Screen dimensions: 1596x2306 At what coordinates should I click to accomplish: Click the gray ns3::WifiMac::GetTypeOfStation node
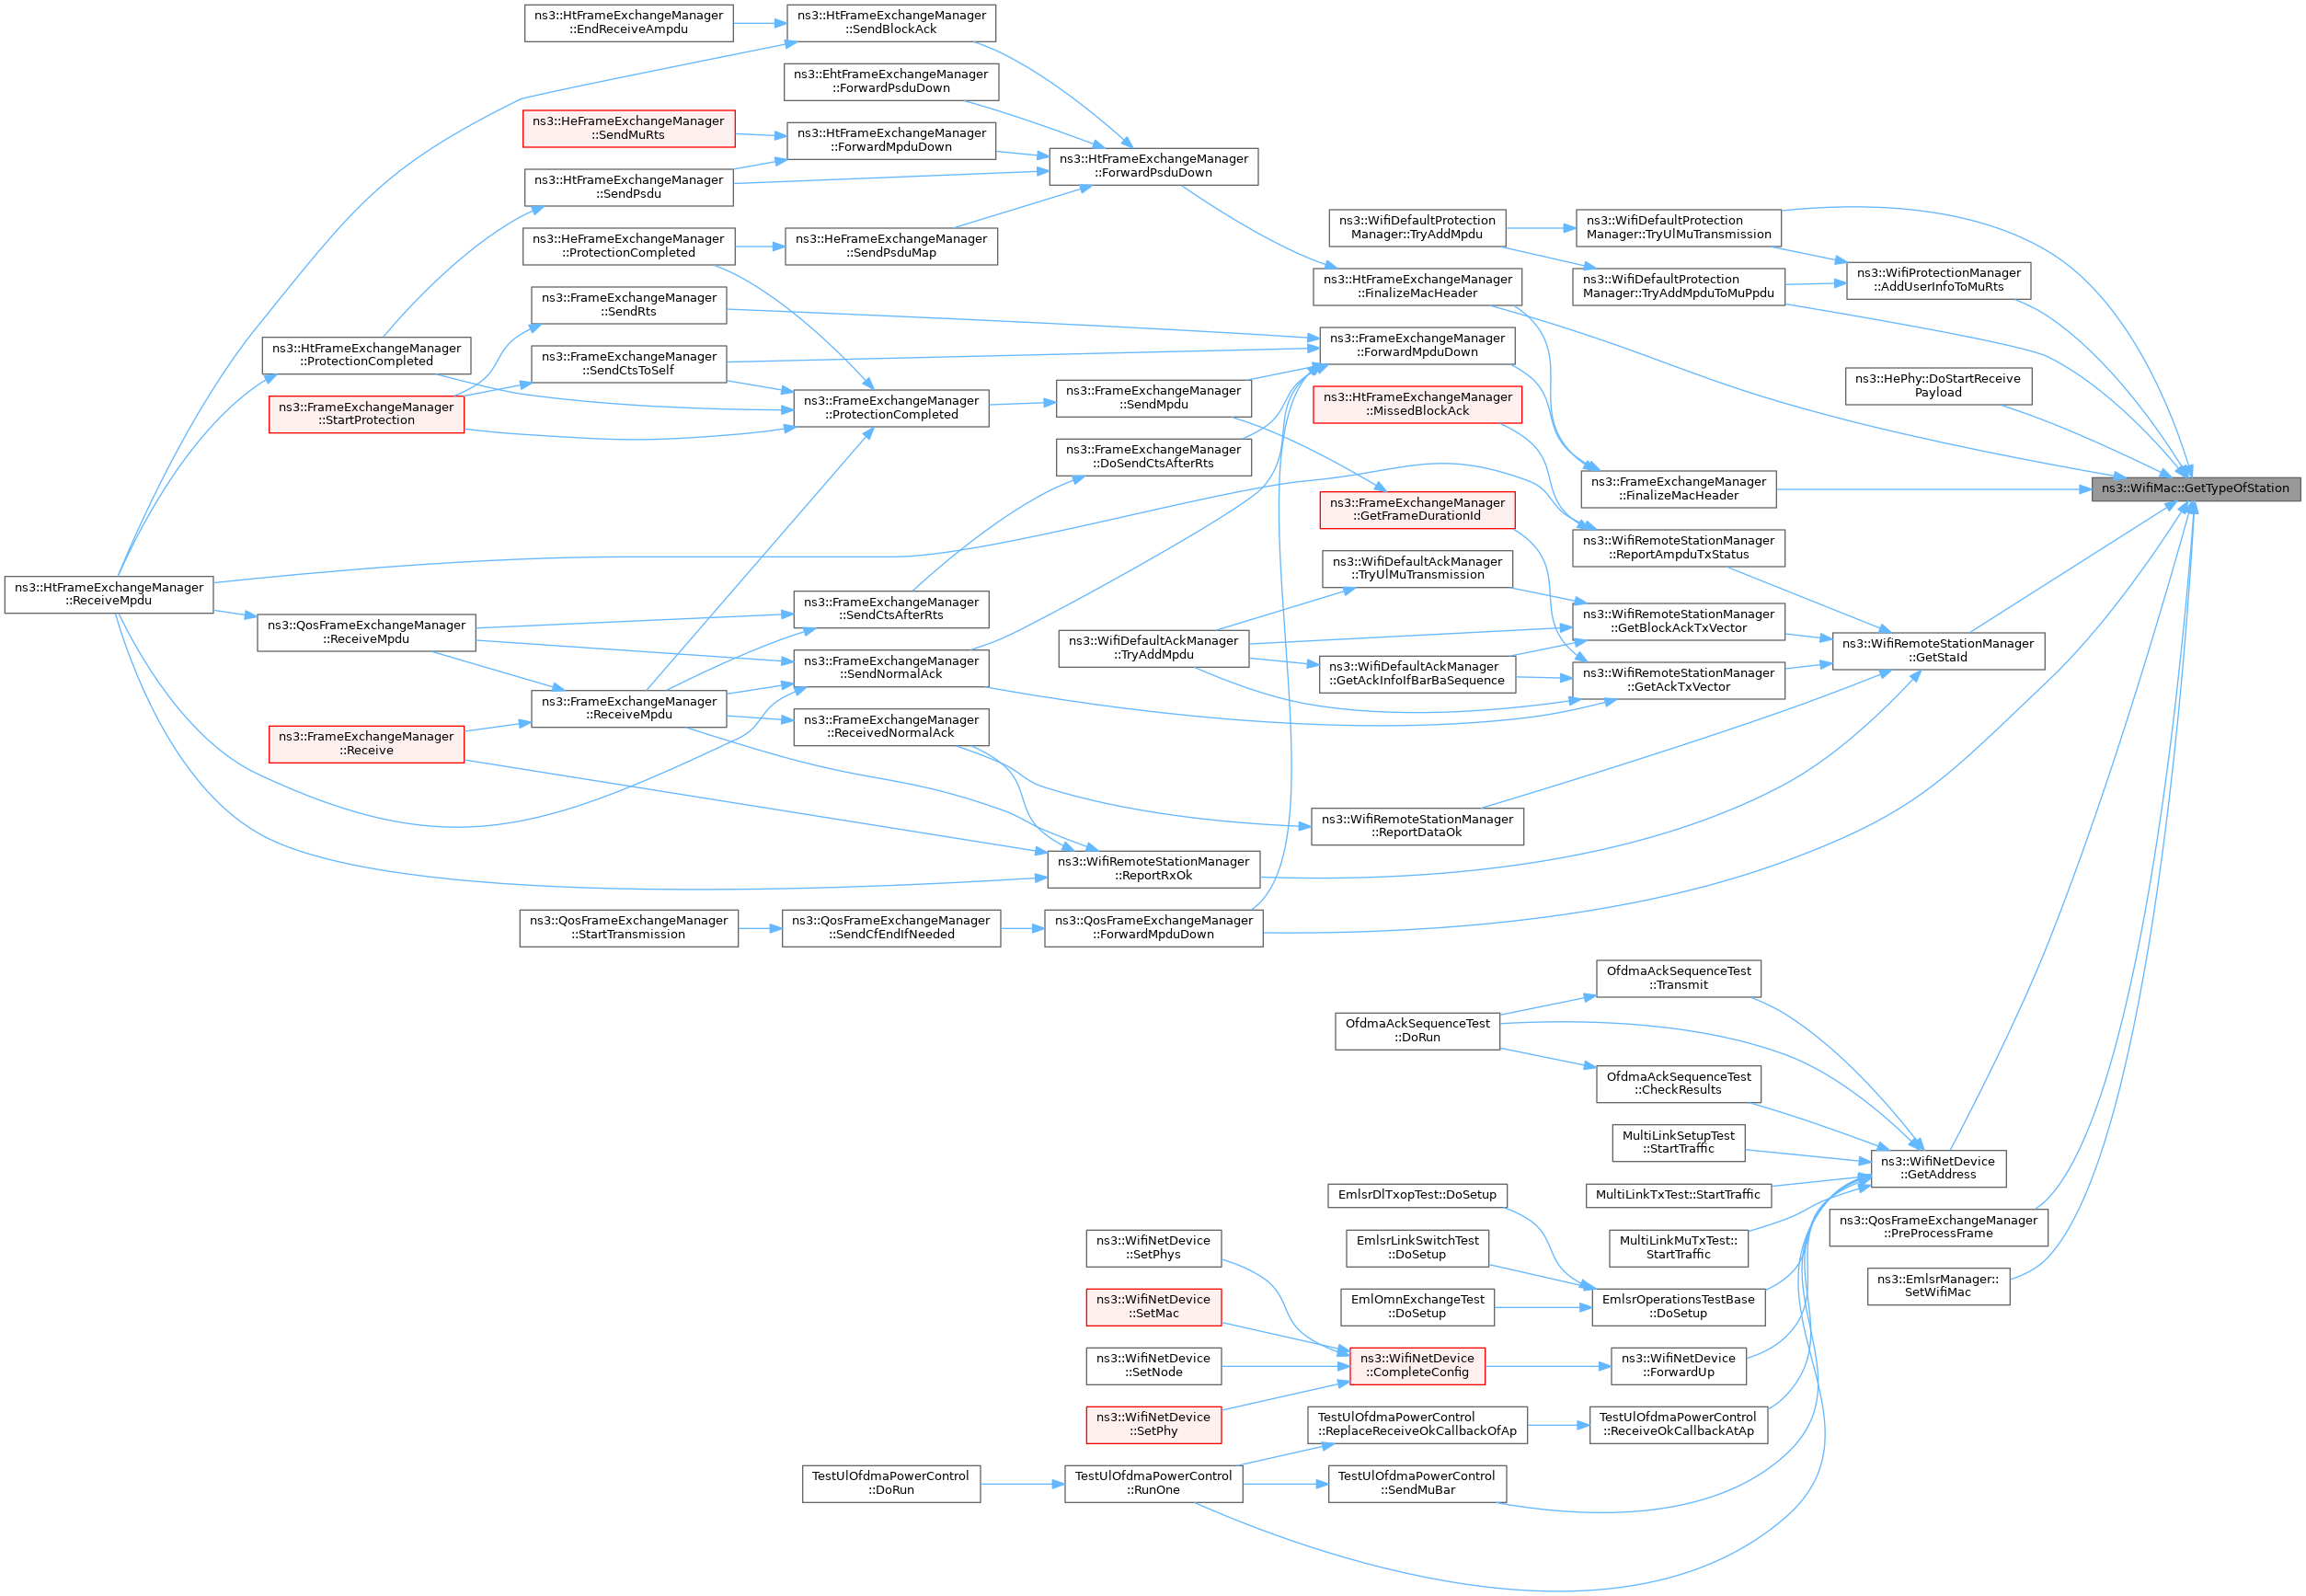click(2195, 489)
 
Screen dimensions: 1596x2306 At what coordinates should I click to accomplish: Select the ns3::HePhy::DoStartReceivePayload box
click(1937, 386)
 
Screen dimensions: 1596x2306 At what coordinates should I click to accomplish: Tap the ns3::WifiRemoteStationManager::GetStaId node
click(1937, 651)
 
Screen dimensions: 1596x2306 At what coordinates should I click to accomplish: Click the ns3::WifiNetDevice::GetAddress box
click(1937, 1168)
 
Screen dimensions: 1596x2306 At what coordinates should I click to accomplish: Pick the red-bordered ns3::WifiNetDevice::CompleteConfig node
click(1417, 1365)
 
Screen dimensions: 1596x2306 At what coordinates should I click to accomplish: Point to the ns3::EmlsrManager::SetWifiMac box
click(1937, 1286)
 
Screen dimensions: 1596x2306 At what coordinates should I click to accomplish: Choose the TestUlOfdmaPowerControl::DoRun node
click(890, 1483)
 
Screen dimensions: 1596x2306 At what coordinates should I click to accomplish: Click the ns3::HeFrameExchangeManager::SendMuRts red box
click(628, 128)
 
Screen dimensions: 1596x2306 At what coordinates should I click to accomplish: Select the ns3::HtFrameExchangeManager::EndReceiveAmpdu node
click(628, 23)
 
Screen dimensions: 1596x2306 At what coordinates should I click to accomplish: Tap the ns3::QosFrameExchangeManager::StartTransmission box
click(628, 928)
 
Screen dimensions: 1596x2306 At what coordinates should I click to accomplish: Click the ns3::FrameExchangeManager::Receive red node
click(366, 744)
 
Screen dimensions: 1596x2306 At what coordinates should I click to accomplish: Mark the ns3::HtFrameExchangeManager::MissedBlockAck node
click(1417, 404)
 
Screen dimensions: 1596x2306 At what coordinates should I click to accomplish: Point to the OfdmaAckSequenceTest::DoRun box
click(1417, 1031)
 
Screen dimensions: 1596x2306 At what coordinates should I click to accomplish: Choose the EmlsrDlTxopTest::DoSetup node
click(1417, 1195)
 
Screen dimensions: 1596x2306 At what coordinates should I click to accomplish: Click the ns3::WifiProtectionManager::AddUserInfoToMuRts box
click(1937, 280)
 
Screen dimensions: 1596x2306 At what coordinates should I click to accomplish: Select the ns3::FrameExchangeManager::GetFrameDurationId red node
click(1417, 510)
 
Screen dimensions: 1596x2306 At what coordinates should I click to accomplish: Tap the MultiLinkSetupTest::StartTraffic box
click(1678, 1142)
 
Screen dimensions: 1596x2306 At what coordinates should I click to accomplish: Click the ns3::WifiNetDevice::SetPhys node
click(1153, 1248)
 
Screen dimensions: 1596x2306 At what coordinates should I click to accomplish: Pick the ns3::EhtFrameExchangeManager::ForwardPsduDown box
click(890, 82)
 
